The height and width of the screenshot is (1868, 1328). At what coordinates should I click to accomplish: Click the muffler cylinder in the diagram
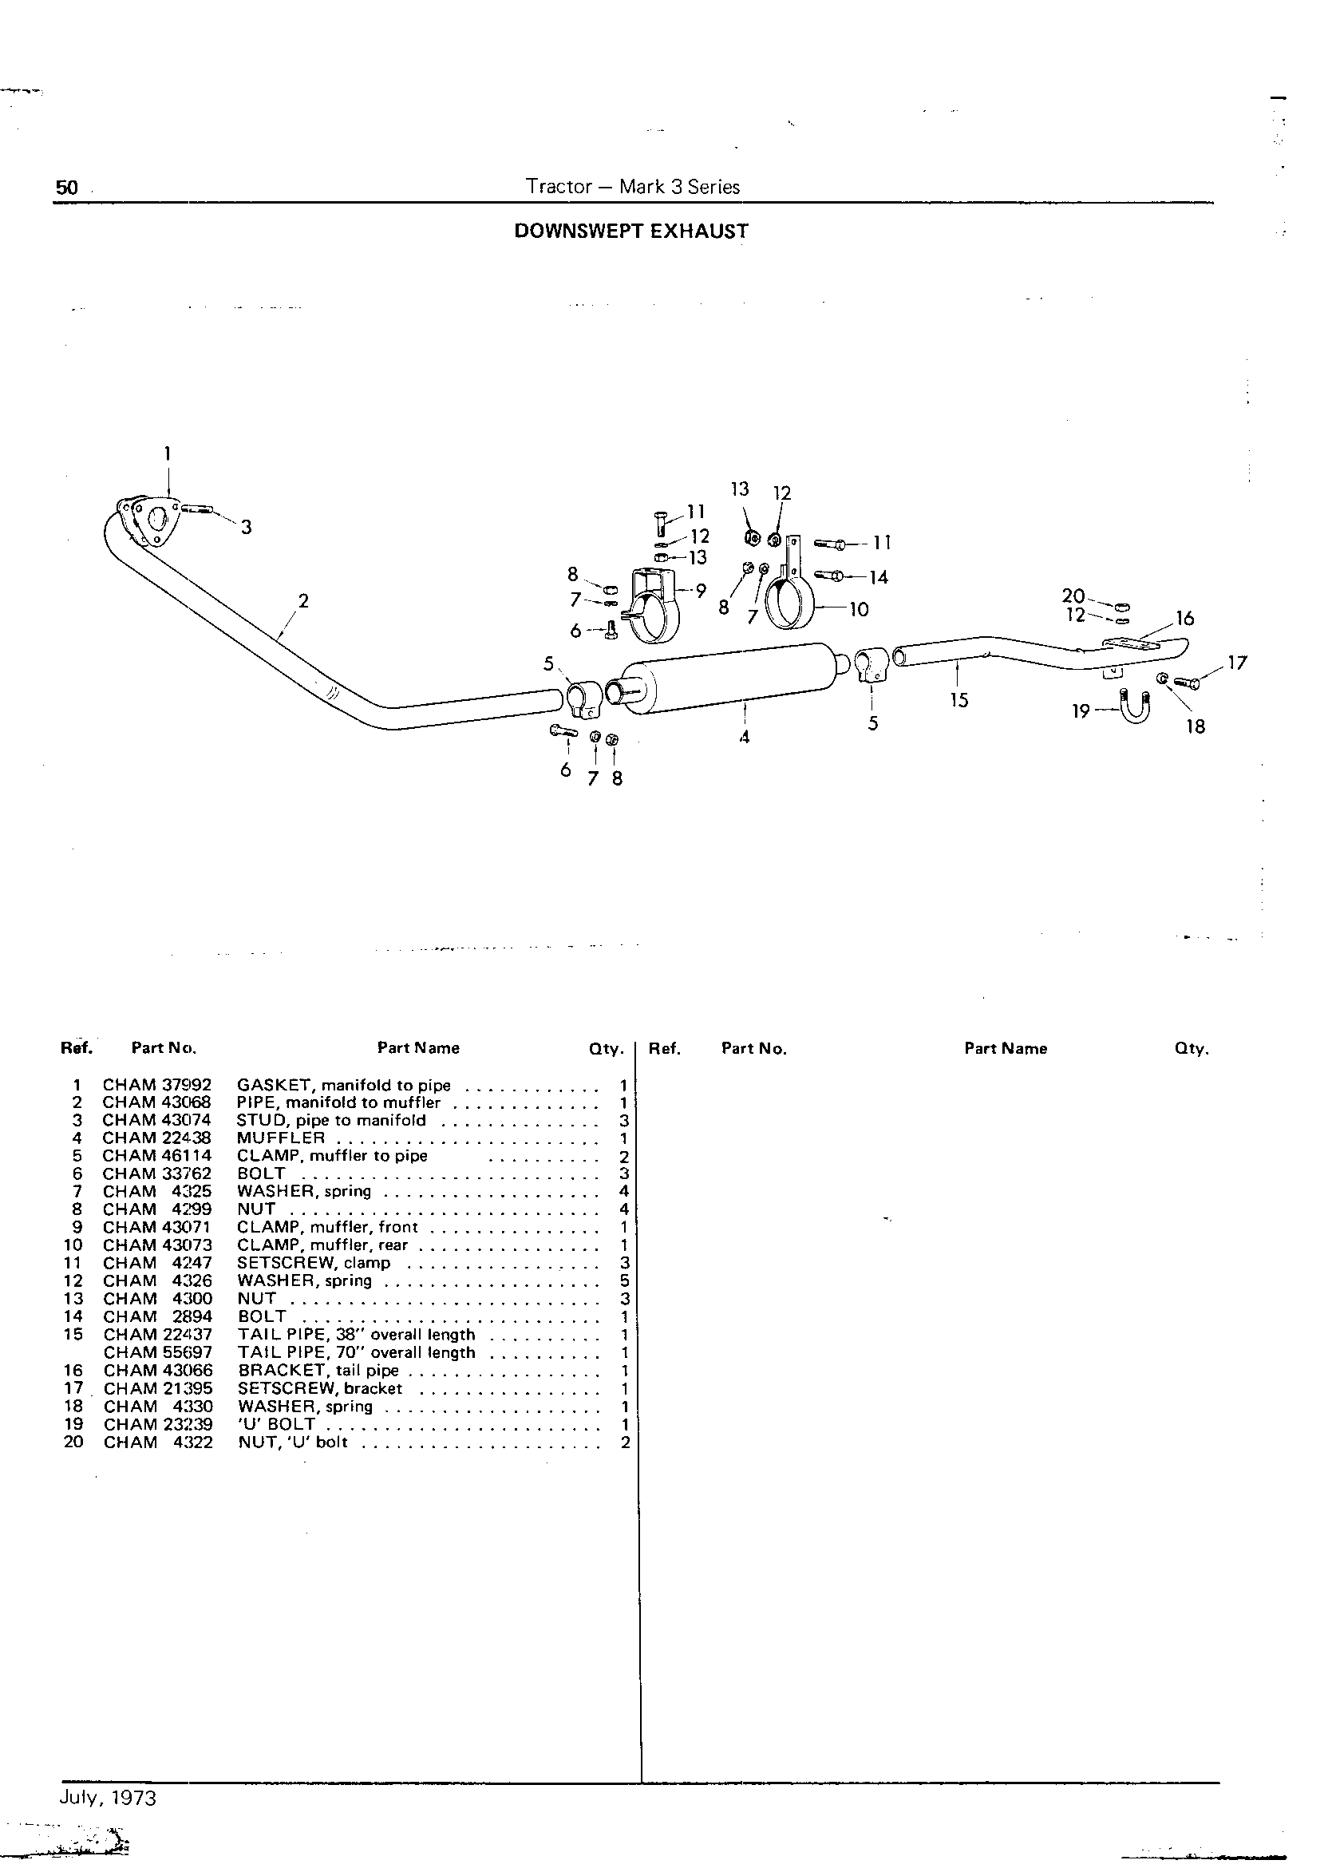pos(728,675)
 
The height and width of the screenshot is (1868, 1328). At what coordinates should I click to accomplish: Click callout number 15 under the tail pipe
pos(959,700)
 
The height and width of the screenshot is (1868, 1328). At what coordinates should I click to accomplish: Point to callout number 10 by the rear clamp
pos(859,609)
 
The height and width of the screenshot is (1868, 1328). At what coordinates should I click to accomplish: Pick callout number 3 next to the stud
pos(246,528)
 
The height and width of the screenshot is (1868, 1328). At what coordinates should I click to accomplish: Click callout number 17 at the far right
pos(1237,663)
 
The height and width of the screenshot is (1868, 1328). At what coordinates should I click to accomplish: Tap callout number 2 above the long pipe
pos(303,601)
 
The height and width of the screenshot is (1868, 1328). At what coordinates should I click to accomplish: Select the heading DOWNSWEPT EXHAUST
pos(630,232)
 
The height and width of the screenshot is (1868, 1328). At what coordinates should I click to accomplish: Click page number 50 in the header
pos(66,188)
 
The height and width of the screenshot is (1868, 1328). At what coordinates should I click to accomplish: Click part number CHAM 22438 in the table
pos(157,1138)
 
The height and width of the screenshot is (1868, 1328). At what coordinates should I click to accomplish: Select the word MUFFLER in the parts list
pos(280,1138)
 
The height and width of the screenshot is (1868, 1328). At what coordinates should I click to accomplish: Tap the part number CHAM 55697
pos(158,1353)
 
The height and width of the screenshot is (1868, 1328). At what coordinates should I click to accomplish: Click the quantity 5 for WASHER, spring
pos(624,1280)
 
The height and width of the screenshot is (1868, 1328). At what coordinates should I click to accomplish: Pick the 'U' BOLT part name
pos(276,1424)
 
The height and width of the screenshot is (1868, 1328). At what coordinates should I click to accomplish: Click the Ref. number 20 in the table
pos(73,1442)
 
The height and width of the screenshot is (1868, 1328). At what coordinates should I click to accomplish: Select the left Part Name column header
pos(418,1047)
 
